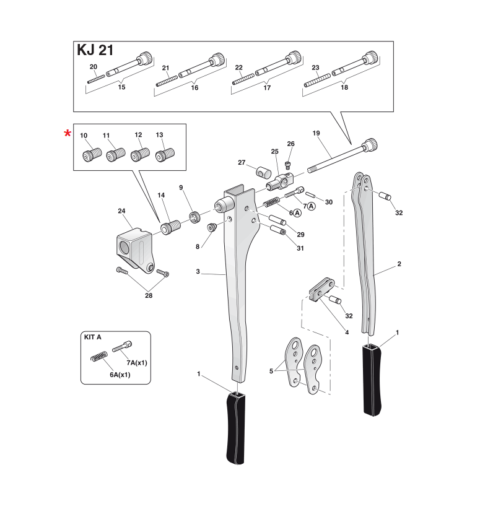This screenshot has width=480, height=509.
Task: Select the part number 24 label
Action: (121, 211)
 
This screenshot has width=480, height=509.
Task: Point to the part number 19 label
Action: (316, 133)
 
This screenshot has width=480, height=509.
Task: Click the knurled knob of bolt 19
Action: (370, 144)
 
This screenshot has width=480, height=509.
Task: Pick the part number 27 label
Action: (242, 163)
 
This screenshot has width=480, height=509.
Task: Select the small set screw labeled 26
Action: (288, 164)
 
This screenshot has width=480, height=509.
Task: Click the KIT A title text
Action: (92, 337)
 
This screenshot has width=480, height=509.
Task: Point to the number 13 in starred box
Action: (160, 135)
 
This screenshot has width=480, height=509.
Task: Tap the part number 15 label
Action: (121, 88)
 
